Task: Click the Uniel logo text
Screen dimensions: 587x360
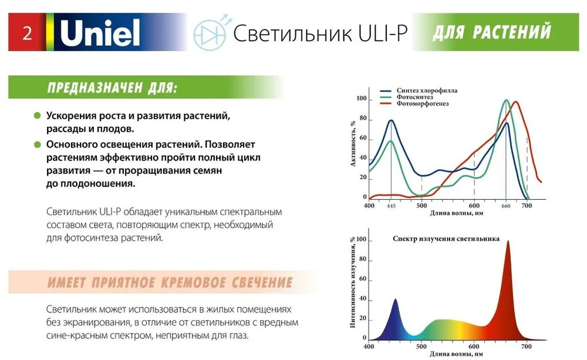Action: (x=100, y=32)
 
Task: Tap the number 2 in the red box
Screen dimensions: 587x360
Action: (x=28, y=33)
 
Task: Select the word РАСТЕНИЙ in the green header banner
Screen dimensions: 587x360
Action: (x=512, y=32)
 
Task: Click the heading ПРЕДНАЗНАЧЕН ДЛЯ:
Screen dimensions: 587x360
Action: (x=112, y=88)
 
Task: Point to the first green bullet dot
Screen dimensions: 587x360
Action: (x=37, y=115)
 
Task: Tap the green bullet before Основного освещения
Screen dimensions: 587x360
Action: (x=37, y=144)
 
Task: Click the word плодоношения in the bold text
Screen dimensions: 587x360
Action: (x=97, y=184)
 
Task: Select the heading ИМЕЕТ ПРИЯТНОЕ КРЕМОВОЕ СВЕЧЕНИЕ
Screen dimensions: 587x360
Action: (x=170, y=282)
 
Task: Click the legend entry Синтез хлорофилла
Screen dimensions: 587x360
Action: (x=427, y=90)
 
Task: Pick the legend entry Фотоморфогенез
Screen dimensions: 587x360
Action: (x=423, y=103)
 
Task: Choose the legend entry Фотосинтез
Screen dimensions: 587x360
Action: (x=415, y=97)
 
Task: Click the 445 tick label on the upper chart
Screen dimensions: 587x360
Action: (x=391, y=206)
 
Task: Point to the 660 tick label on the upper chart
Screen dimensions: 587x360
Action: (x=506, y=206)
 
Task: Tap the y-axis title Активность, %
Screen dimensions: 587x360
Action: (x=353, y=144)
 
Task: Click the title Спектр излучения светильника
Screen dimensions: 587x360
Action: (x=446, y=238)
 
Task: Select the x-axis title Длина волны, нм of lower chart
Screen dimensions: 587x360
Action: (x=456, y=354)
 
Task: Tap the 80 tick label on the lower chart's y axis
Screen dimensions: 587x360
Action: (x=363, y=259)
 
